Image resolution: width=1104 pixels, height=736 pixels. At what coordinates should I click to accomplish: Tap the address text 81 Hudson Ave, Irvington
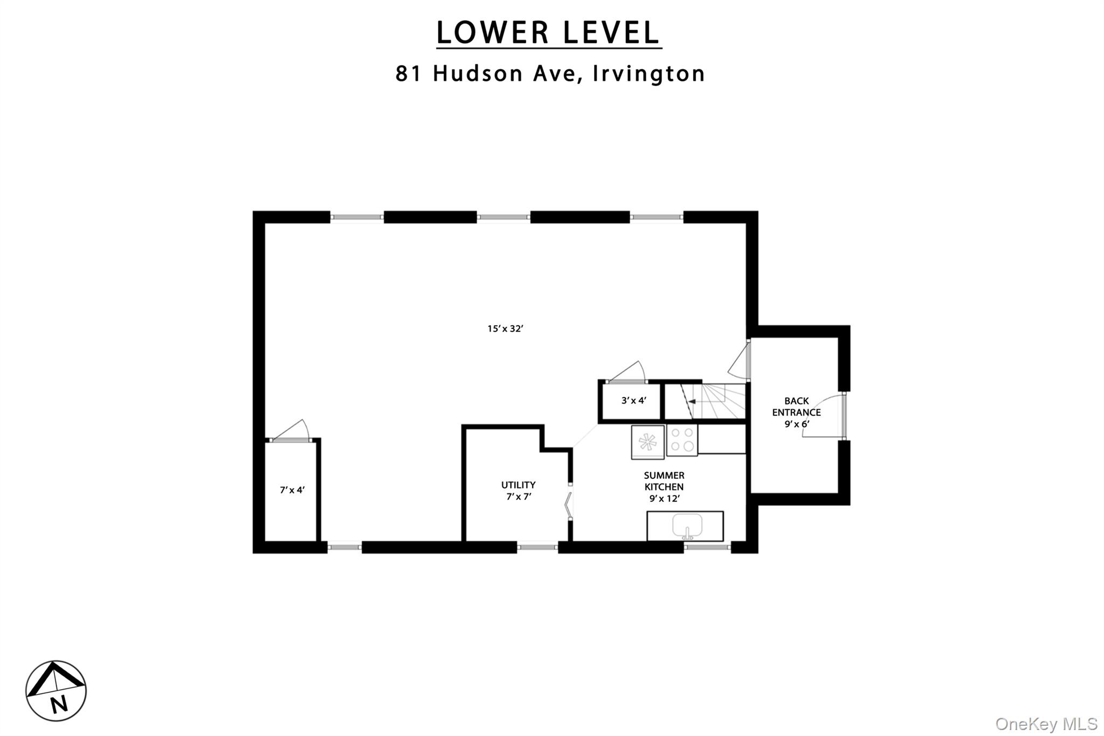[x=550, y=73]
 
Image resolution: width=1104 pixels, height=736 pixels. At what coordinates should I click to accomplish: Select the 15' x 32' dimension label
[x=506, y=328]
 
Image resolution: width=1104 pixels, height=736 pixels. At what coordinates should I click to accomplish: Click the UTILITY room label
[x=519, y=485]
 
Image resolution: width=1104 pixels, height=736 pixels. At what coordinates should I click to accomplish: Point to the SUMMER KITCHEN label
[x=664, y=481]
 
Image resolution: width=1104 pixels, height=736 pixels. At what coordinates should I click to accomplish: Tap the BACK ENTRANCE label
[x=797, y=407]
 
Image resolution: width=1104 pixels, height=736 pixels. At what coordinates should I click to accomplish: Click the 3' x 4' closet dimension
[x=634, y=401]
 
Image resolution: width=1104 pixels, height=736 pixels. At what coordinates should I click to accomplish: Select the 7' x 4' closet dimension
[x=292, y=490]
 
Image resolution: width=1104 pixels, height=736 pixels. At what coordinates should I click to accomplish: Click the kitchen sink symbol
[x=687, y=526]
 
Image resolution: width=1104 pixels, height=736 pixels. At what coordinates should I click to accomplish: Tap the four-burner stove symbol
[x=682, y=439]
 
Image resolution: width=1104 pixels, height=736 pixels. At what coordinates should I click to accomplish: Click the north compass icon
[x=56, y=691]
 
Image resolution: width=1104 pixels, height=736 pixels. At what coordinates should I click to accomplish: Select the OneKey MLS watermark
[x=1046, y=724]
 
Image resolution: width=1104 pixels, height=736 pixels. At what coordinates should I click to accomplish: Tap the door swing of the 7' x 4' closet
[x=291, y=431]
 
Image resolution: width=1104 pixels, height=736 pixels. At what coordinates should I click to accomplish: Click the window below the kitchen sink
[x=707, y=548]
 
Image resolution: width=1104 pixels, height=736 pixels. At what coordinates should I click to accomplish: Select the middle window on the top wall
[x=503, y=217]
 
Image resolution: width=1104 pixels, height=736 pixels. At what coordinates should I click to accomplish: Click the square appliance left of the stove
[x=648, y=442]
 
